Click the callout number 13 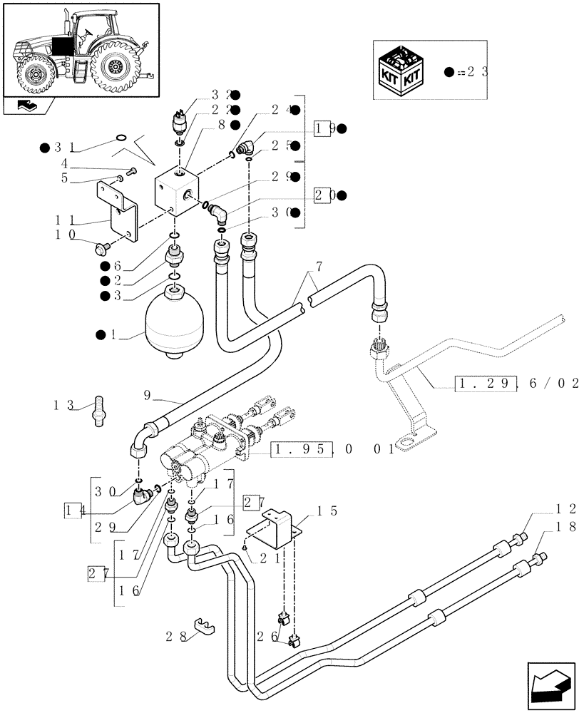coord(64,406)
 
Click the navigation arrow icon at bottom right coord(550,685)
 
